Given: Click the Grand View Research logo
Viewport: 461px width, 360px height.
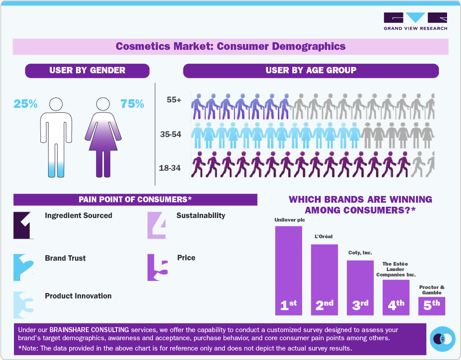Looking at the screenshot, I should tap(415, 21).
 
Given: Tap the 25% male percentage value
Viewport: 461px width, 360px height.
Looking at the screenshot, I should tap(25, 104).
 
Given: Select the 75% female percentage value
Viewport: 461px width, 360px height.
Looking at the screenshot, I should tap(132, 104).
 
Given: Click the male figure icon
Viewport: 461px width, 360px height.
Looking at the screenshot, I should tap(56, 137).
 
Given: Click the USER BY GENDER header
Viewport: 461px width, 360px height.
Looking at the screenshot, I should tap(87, 71).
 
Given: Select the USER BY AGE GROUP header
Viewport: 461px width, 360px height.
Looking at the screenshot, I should tap(311, 71).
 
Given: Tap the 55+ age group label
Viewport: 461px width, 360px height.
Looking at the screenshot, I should tap(174, 100).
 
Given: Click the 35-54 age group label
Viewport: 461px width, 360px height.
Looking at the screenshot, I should tap(170, 134).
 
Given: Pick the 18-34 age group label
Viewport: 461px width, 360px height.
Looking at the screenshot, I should tap(170, 168).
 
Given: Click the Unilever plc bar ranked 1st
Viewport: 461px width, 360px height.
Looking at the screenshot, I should tap(288, 270).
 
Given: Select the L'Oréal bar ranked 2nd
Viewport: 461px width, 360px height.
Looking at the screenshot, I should tap(324, 279).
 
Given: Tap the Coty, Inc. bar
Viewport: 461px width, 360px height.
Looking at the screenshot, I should tap(360, 287).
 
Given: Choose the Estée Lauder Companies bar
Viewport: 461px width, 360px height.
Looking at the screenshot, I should tap(396, 297).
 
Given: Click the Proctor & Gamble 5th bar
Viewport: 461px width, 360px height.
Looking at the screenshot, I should tap(432, 306).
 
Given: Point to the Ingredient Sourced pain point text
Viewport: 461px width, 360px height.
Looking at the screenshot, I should tap(79, 216).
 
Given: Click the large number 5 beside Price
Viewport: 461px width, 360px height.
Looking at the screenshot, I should tap(157, 268).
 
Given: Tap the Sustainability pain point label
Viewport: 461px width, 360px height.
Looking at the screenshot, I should tap(201, 216).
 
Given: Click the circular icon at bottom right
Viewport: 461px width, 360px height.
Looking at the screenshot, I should tap(443, 339).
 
